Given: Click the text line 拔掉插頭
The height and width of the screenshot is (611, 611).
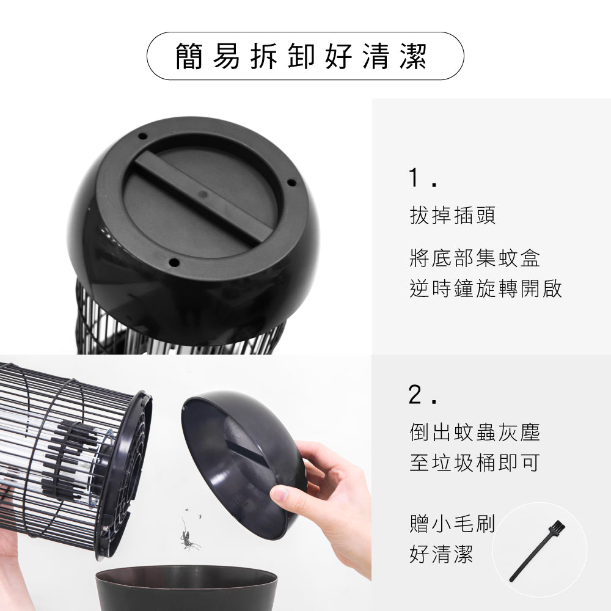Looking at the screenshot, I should [x=453, y=215].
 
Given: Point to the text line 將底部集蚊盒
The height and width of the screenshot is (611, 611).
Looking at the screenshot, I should [x=475, y=258].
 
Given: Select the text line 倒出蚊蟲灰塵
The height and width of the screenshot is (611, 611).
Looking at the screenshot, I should [x=475, y=433].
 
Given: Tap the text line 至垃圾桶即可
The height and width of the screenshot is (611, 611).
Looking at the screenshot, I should [x=475, y=463].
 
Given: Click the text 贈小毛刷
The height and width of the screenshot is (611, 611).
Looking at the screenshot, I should [x=452, y=524].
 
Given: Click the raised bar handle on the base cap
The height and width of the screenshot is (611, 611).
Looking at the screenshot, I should [x=203, y=196].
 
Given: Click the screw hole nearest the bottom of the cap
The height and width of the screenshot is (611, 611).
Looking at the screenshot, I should [x=174, y=263].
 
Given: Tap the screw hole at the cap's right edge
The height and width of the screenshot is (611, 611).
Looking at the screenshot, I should [x=291, y=182].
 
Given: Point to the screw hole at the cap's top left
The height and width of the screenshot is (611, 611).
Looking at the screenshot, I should [x=142, y=136].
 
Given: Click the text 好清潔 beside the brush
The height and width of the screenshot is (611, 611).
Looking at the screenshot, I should [x=441, y=555].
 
